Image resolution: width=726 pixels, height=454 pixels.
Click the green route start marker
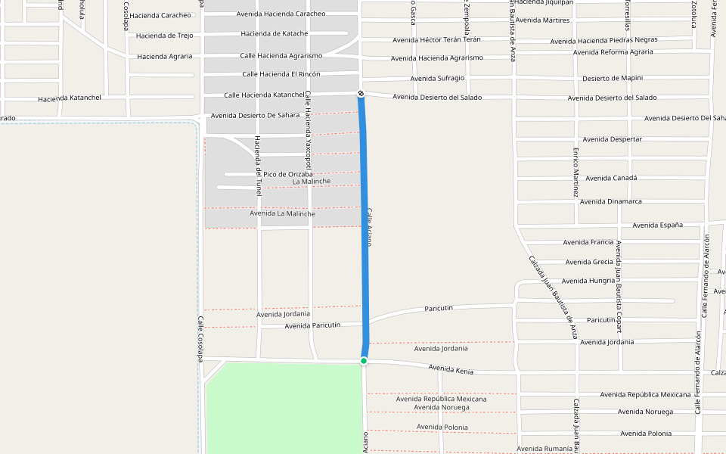tap(364, 361)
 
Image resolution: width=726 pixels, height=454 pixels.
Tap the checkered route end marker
tap(361, 93)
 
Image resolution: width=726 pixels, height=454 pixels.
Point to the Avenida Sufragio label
tap(438, 79)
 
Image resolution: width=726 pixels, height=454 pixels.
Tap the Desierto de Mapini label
tap(613, 79)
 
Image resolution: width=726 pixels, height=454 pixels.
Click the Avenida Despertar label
tap(613, 139)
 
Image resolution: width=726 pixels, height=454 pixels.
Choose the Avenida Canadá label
tap(612, 178)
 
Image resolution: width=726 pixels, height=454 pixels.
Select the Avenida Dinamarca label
tap(611, 201)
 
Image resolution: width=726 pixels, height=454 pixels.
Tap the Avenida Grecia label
tap(589, 262)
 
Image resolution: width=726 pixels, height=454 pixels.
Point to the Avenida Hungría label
tap(589, 281)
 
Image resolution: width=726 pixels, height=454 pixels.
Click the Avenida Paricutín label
tap(312, 325)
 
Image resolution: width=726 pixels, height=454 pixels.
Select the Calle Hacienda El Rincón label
tap(281, 74)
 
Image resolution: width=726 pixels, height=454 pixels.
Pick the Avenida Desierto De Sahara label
tap(256, 115)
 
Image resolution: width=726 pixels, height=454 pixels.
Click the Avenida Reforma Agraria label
tap(613, 52)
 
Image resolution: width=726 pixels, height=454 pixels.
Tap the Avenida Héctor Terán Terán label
tap(437, 39)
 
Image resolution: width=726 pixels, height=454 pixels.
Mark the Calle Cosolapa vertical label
tap(200, 338)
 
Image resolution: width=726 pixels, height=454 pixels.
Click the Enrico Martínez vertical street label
tap(576, 172)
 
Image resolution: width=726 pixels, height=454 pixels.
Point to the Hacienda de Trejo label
tap(165, 36)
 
